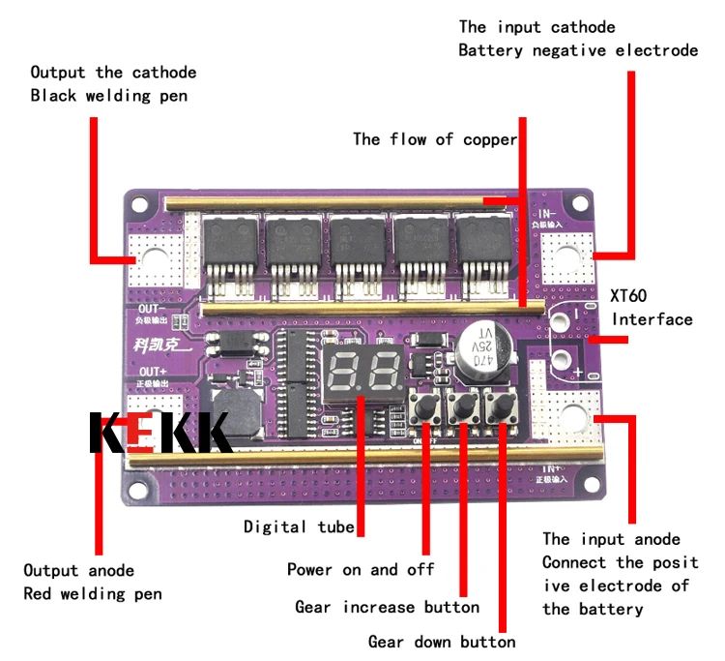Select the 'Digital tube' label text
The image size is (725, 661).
pos(298,527)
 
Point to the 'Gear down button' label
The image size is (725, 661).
pos(442,642)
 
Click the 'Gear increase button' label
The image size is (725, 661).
pos(387,607)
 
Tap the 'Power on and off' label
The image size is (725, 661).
pos(361,569)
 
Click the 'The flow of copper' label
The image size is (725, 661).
pos(435,139)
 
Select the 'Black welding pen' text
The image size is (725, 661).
pos(108,95)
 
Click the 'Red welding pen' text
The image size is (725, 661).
pos(93,593)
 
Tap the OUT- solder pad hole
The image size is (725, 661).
pos(155,259)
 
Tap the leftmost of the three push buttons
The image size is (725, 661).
pos(425,407)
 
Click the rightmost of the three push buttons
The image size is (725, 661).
pos(500,407)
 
